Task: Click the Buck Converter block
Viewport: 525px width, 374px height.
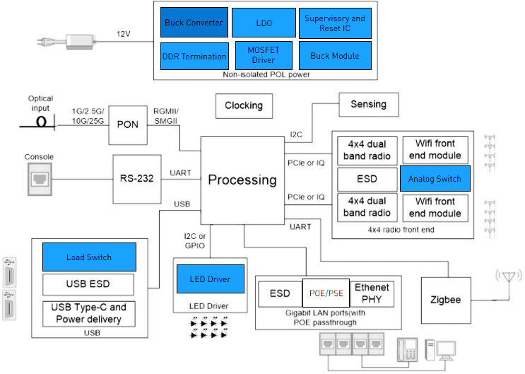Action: [x=194, y=23]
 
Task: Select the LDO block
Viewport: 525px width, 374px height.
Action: [x=264, y=23]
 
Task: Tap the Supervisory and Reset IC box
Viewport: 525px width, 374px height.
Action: [x=334, y=23]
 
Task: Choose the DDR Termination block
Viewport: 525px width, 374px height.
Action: [x=194, y=56]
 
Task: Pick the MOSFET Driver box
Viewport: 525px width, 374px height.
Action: [x=264, y=56]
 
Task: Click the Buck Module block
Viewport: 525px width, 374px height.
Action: [x=334, y=56]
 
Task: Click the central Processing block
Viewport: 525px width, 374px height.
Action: [x=242, y=180]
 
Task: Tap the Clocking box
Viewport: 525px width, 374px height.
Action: [x=244, y=105]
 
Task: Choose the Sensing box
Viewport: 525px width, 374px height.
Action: [x=368, y=105]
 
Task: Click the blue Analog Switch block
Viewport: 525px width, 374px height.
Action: [x=435, y=179]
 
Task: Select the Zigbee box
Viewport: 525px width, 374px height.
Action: [x=446, y=299]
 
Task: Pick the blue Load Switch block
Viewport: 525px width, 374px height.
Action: [x=88, y=257]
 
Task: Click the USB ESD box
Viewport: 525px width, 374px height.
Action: [x=88, y=284]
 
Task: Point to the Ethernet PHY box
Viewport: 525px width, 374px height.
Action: [x=372, y=293]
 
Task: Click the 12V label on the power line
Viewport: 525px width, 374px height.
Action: [x=124, y=34]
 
